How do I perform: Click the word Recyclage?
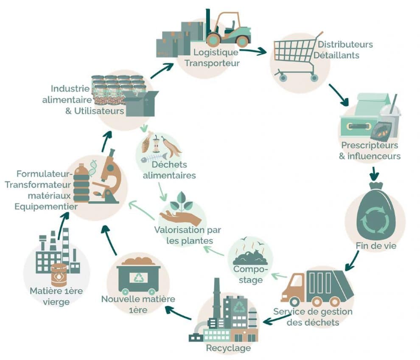228,349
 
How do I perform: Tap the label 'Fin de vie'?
375,246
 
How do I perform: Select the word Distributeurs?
345,44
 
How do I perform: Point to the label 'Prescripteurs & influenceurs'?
370,150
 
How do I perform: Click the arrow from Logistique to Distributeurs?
254,51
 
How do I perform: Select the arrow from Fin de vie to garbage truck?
352,261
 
